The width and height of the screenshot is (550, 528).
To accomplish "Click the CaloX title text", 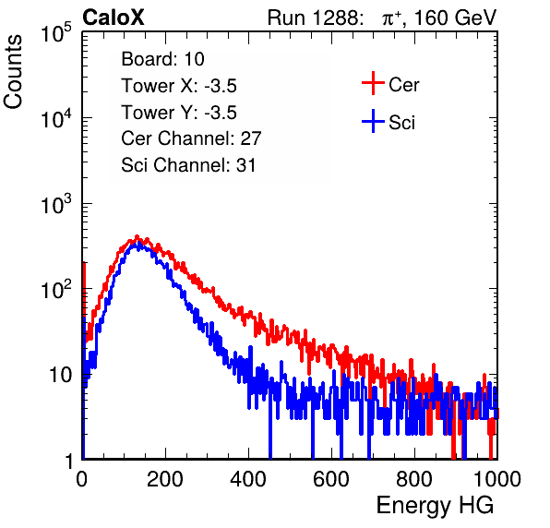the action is [x=114, y=18].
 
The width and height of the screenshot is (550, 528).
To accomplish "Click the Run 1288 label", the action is [x=313, y=18].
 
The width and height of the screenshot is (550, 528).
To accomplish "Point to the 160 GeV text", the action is [x=456, y=18].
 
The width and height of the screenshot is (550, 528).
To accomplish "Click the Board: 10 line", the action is [x=162, y=59].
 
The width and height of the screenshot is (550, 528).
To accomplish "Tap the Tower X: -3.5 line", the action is [x=179, y=86].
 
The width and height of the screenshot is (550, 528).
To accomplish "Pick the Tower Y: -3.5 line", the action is [x=179, y=113].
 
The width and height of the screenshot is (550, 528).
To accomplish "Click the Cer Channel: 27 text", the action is [x=191, y=138].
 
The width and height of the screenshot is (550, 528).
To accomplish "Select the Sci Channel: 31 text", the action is [x=188, y=165].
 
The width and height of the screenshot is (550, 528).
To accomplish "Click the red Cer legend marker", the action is [x=373, y=83].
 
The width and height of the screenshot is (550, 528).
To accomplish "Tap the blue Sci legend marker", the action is [x=373, y=121].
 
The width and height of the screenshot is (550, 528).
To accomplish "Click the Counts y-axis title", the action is [x=13, y=72].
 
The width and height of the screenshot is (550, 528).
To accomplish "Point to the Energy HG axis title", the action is [x=435, y=506].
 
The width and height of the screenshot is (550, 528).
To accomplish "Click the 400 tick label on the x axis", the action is [x=248, y=479].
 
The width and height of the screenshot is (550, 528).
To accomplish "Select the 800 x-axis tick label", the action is [x=414, y=479].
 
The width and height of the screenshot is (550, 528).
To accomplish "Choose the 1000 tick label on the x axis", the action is [x=497, y=479].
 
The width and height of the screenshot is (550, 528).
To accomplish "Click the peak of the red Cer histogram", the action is [x=137, y=236].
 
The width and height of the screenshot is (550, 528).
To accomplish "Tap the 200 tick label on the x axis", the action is [x=165, y=479].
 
